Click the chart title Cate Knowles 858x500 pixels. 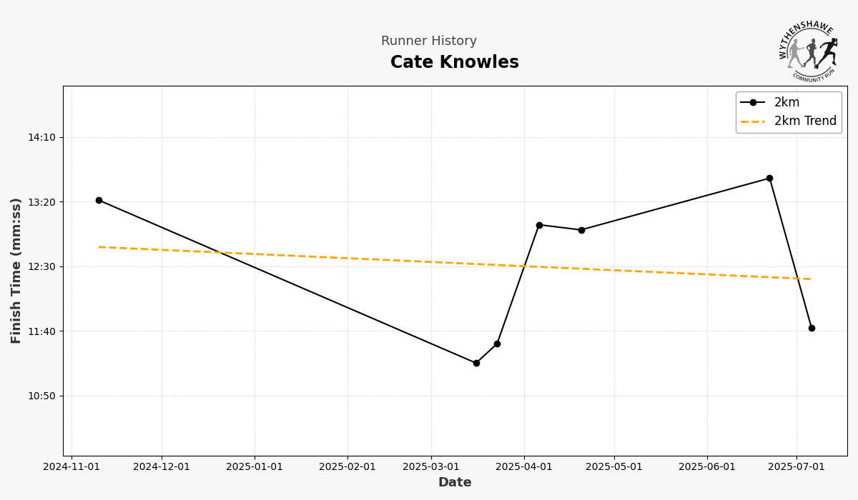tap(455, 63)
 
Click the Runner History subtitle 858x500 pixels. tap(429, 41)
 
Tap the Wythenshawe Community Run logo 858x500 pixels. tap(809, 50)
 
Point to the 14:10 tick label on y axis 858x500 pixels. tap(41, 137)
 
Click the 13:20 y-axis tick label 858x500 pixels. tap(41, 202)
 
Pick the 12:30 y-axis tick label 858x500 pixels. tap(41, 266)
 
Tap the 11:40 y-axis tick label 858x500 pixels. tap(41, 331)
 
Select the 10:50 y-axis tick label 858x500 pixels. tap(41, 396)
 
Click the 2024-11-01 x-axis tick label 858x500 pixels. tap(71, 467)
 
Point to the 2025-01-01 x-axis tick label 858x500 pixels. tap(255, 467)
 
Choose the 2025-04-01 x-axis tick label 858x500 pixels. tap(524, 467)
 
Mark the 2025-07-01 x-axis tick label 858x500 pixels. tap(797, 467)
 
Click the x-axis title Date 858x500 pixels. tap(455, 483)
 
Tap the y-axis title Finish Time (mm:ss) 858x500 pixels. tap(16, 271)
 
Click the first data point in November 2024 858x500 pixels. tap(99, 200)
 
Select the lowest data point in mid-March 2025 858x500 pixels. tap(476, 363)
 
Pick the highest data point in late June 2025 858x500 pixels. tap(769, 178)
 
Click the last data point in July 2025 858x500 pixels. tap(812, 328)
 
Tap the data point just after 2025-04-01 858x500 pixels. tap(539, 225)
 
